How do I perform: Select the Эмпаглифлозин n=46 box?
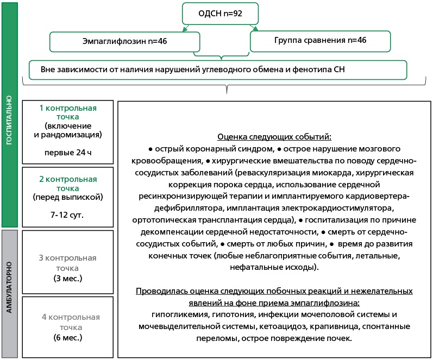(x=124, y=41)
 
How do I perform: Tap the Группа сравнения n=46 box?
(x=319, y=41)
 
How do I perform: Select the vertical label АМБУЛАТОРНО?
(x=10, y=293)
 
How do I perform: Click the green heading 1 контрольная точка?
(x=68, y=112)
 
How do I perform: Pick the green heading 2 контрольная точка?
(x=68, y=183)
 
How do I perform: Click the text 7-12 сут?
(x=68, y=215)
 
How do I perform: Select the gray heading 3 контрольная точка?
(x=68, y=262)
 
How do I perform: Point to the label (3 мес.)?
(x=68, y=279)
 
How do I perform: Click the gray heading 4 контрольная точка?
(x=68, y=321)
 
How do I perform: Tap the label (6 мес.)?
(x=68, y=337)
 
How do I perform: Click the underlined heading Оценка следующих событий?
(x=274, y=137)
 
